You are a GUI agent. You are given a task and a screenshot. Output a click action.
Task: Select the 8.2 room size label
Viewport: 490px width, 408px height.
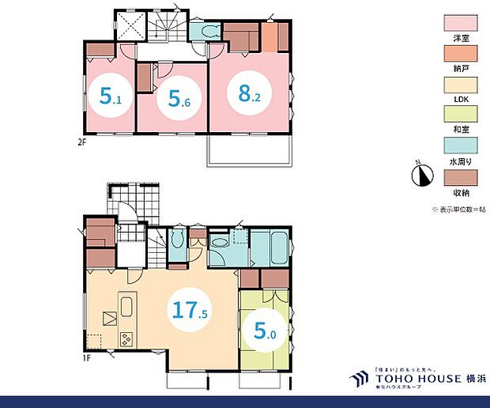coord(243,92)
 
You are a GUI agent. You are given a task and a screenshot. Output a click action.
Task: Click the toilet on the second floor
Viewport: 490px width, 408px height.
coord(208,32)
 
